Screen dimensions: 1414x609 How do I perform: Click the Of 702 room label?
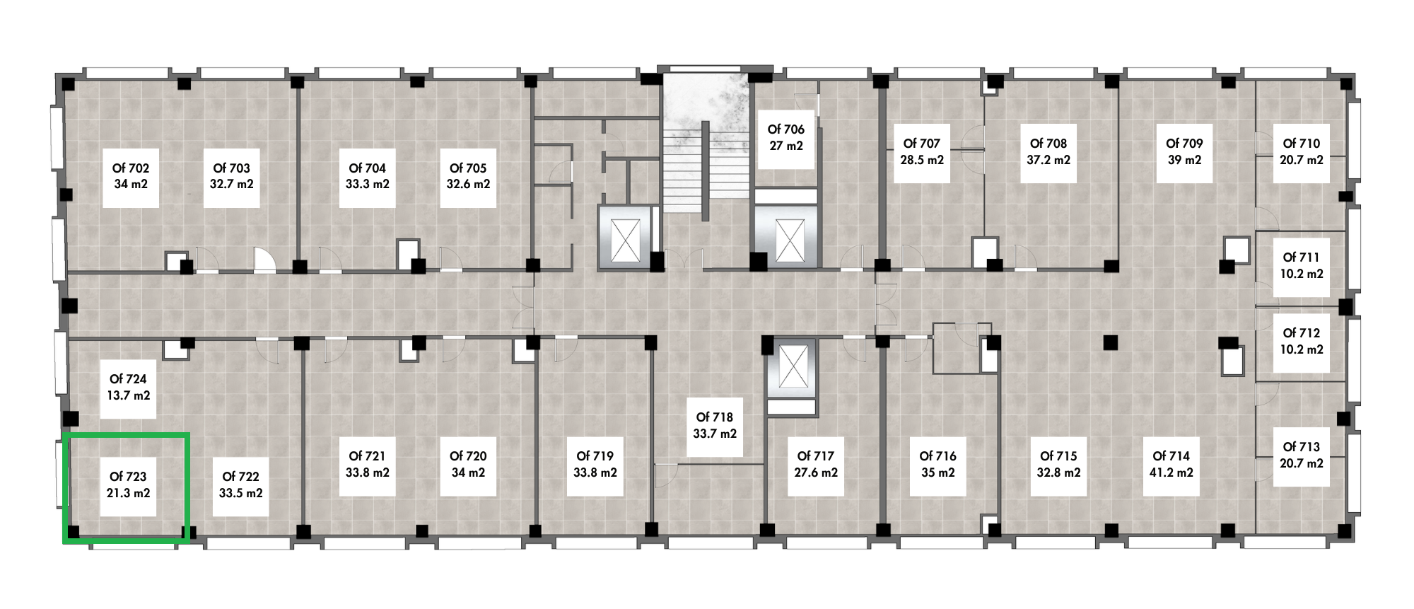[131, 168]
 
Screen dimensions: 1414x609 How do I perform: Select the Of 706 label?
[786, 129]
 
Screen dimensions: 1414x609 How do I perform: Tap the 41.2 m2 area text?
[1171, 472]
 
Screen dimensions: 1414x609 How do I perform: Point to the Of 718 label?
[714, 417]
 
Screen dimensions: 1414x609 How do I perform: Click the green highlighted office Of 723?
[127, 489]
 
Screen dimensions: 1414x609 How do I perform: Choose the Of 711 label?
[1301, 257]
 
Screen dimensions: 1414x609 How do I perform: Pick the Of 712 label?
[1301, 333]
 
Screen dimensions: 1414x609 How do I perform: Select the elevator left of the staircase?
[625, 238]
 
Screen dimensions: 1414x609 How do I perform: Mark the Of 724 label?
[128, 379]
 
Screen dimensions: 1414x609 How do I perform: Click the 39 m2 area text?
[1184, 160]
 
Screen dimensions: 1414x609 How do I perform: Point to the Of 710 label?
[1301, 144]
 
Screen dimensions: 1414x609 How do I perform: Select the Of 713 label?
[1301, 447]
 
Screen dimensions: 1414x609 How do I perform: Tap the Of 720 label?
[468, 456]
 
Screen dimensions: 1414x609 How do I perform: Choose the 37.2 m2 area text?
[1048, 160]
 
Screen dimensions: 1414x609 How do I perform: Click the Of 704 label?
[367, 168]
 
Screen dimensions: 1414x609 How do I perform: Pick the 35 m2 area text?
[937, 472]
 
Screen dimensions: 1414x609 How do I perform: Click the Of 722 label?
[240, 477]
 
